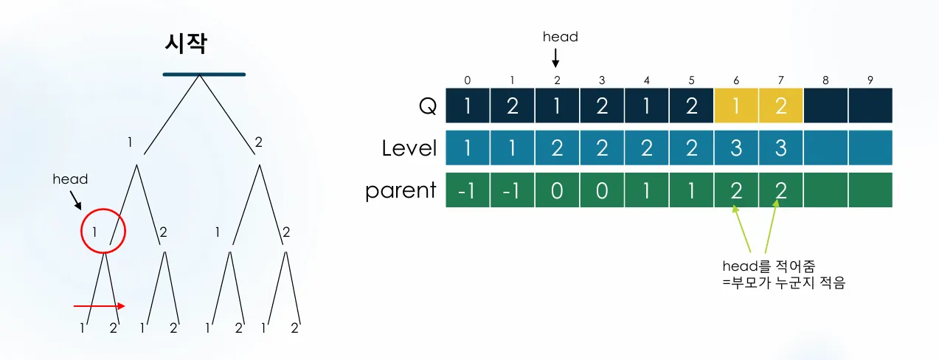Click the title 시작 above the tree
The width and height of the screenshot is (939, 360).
tap(185, 44)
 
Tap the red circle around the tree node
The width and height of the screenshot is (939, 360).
tap(104, 231)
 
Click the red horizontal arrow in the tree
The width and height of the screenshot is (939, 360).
tap(100, 306)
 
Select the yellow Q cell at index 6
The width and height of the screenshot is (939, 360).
tap(736, 106)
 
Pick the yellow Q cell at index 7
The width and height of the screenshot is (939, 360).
tap(780, 106)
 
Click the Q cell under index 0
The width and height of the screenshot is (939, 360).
tap(468, 106)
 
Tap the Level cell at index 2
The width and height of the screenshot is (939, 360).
tap(557, 148)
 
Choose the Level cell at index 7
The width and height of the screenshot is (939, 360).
tap(780, 148)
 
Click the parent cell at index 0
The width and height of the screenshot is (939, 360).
tap(468, 190)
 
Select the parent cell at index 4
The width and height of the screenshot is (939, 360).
tap(646, 190)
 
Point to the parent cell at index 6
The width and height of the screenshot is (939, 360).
tap(736, 190)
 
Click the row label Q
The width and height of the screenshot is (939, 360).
tap(428, 106)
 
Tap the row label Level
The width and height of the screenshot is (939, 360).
tap(409, 148)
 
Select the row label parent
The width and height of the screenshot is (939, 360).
tap(401, 190)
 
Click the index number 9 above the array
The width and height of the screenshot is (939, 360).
tap(870, 80)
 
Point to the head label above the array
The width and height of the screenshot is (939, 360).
tap(560, 36)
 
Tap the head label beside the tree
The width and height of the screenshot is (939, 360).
tap(70, 179)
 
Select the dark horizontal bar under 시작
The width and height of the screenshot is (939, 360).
tap(204, 75)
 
